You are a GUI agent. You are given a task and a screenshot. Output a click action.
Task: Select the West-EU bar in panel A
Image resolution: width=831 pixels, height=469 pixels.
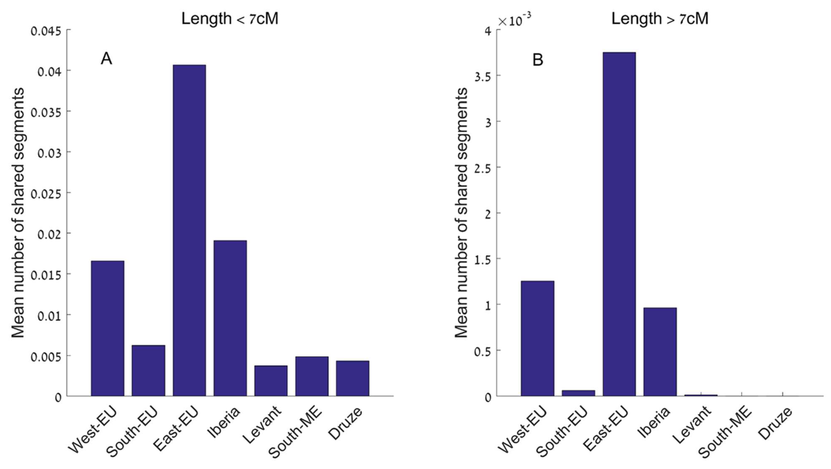[x=107, y=328]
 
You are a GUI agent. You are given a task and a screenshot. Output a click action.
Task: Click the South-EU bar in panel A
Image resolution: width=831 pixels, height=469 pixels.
[x=148, y=370]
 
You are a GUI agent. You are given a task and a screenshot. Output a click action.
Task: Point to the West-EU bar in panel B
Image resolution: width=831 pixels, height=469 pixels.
[x=537, y=338]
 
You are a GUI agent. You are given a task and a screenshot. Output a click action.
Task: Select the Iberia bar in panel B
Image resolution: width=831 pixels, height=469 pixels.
[x=660, y=352]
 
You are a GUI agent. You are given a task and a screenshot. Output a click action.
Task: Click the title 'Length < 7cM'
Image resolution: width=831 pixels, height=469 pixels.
[x=230, y=19]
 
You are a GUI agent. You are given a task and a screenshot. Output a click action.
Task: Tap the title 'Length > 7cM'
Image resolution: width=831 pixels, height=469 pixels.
[x=660, y=19]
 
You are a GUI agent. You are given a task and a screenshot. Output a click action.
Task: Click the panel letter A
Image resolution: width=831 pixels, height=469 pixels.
[x=106, y=59]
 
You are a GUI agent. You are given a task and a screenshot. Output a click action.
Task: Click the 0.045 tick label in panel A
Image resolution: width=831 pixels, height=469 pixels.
[x=46, y=32]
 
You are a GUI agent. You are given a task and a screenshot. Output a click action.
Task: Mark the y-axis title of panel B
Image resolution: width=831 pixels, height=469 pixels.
[x=461, y=213]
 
